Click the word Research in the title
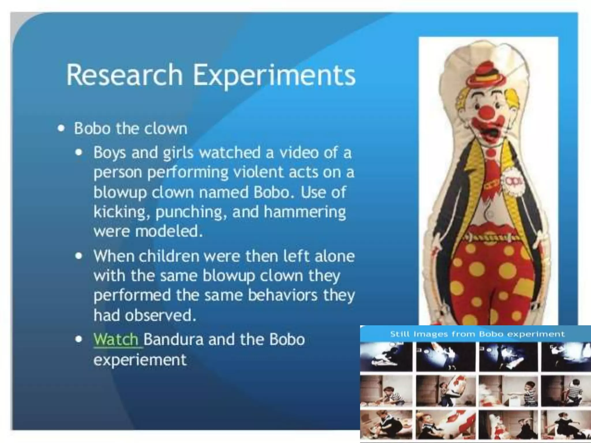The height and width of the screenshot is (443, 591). (124, 75)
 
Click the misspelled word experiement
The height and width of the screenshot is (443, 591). (140, 360)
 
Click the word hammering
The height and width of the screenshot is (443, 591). (305, 212)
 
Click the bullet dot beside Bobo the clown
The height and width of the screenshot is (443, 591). (61, 128)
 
